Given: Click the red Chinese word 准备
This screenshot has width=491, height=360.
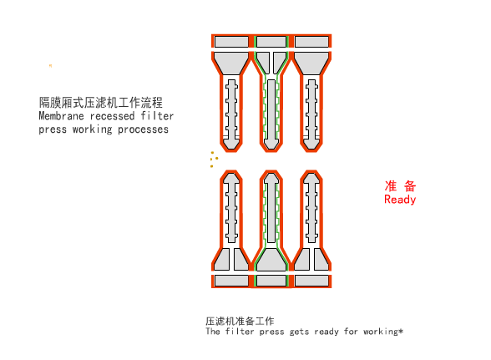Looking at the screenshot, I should click(400, 185).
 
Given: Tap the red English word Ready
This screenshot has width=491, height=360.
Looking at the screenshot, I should click(400, 200).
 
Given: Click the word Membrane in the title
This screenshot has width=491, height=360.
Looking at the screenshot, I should click(60, 117).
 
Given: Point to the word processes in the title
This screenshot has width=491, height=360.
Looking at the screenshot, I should click(143, 129).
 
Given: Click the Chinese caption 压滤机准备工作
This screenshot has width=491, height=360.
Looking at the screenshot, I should click(240, 321).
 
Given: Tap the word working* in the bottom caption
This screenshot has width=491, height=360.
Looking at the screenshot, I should click(384, 332).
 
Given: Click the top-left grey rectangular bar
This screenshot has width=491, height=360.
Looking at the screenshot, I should click(231, 41).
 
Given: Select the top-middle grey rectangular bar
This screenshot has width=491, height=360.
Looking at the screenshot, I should click(270, 41).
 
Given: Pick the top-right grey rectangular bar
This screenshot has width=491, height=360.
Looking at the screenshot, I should click(311, 41).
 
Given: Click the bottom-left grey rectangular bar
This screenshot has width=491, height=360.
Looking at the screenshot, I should click(231, 281).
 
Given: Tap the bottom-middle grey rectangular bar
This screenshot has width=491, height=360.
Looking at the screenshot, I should click(270, 281).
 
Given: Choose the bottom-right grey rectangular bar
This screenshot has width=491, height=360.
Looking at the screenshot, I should click(311, 281).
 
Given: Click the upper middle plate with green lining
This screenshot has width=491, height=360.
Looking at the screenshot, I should click(270, 109).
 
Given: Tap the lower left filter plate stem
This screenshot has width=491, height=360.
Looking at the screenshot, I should click(231, 209).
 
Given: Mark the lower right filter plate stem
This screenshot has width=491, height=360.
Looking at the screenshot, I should click(311, 209).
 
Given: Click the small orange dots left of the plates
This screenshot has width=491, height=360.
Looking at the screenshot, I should click(215, 158).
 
